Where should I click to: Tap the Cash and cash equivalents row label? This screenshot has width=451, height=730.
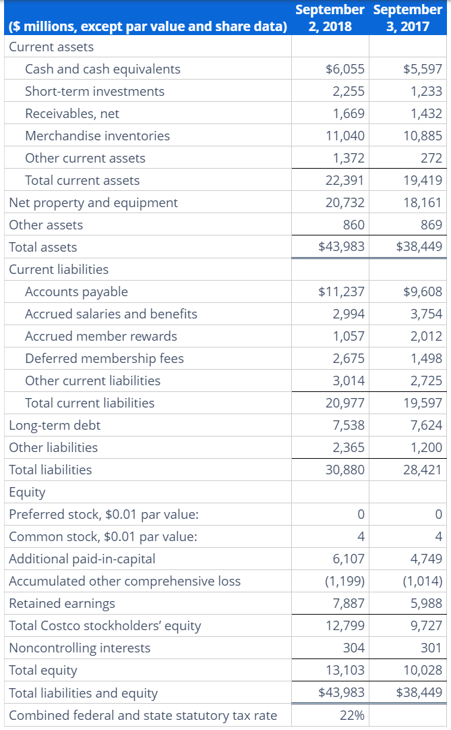coord(102,69)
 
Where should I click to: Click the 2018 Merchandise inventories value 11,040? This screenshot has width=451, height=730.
coord(345,136)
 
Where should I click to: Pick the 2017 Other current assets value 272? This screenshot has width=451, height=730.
coord(431,158)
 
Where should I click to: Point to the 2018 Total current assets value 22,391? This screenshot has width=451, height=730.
coord(345,180)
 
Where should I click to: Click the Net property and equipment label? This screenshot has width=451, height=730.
coord(93,202)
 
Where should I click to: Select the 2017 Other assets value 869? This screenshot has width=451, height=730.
coord(431,225)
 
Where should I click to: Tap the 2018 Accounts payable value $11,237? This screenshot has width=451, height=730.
coord(341,291)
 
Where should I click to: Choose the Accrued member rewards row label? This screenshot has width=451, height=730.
coord(101,336)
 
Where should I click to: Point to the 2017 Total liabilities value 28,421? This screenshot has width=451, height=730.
coord(423,470)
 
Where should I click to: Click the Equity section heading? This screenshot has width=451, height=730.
coord(27,492)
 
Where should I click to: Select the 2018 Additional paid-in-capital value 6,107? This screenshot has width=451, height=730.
coord(349,559)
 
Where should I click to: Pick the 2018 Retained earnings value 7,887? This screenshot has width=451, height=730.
coord(349,603)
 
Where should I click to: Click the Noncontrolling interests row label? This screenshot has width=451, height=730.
coord(80,648)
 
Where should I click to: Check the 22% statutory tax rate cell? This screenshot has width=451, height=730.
coord(351,715)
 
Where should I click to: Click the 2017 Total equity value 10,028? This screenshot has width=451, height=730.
coord(423,670)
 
